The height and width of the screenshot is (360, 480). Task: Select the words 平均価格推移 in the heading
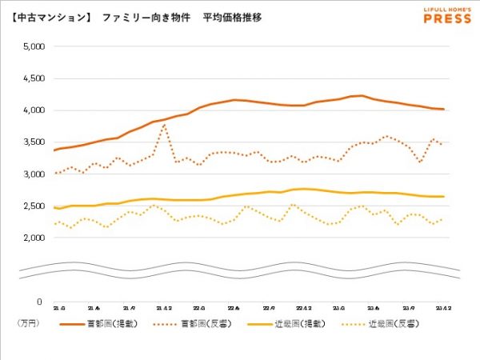click(x=232, y=17)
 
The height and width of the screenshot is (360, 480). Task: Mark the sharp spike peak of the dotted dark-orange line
click(x=165, y=124)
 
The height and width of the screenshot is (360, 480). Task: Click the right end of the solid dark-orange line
click(x=443, y=110)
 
